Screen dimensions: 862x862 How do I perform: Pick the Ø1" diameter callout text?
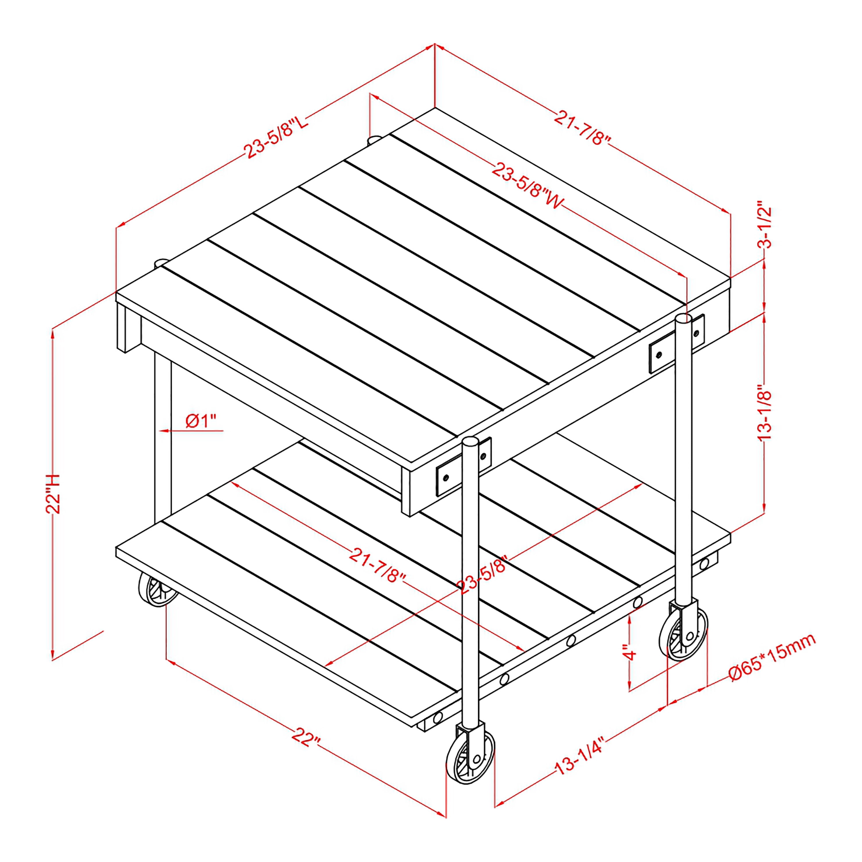201,420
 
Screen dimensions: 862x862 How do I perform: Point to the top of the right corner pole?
684,318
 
